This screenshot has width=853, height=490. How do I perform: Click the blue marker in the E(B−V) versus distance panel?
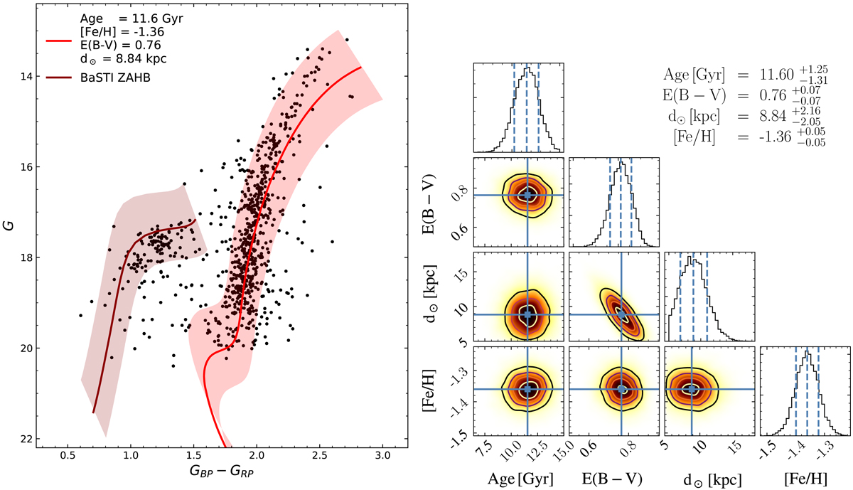622,314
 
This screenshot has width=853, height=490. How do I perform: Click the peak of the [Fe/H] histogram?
807,351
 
